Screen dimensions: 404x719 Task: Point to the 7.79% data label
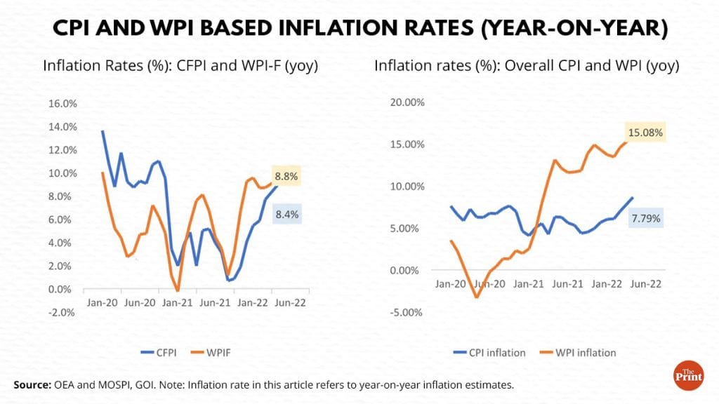click(x=645, y=219)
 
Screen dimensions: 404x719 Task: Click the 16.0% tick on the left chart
click(x=62, y=104)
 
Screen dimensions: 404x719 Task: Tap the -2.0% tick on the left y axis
click(x=62, y=313)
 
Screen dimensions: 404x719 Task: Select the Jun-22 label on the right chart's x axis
click(x=644, y=284)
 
